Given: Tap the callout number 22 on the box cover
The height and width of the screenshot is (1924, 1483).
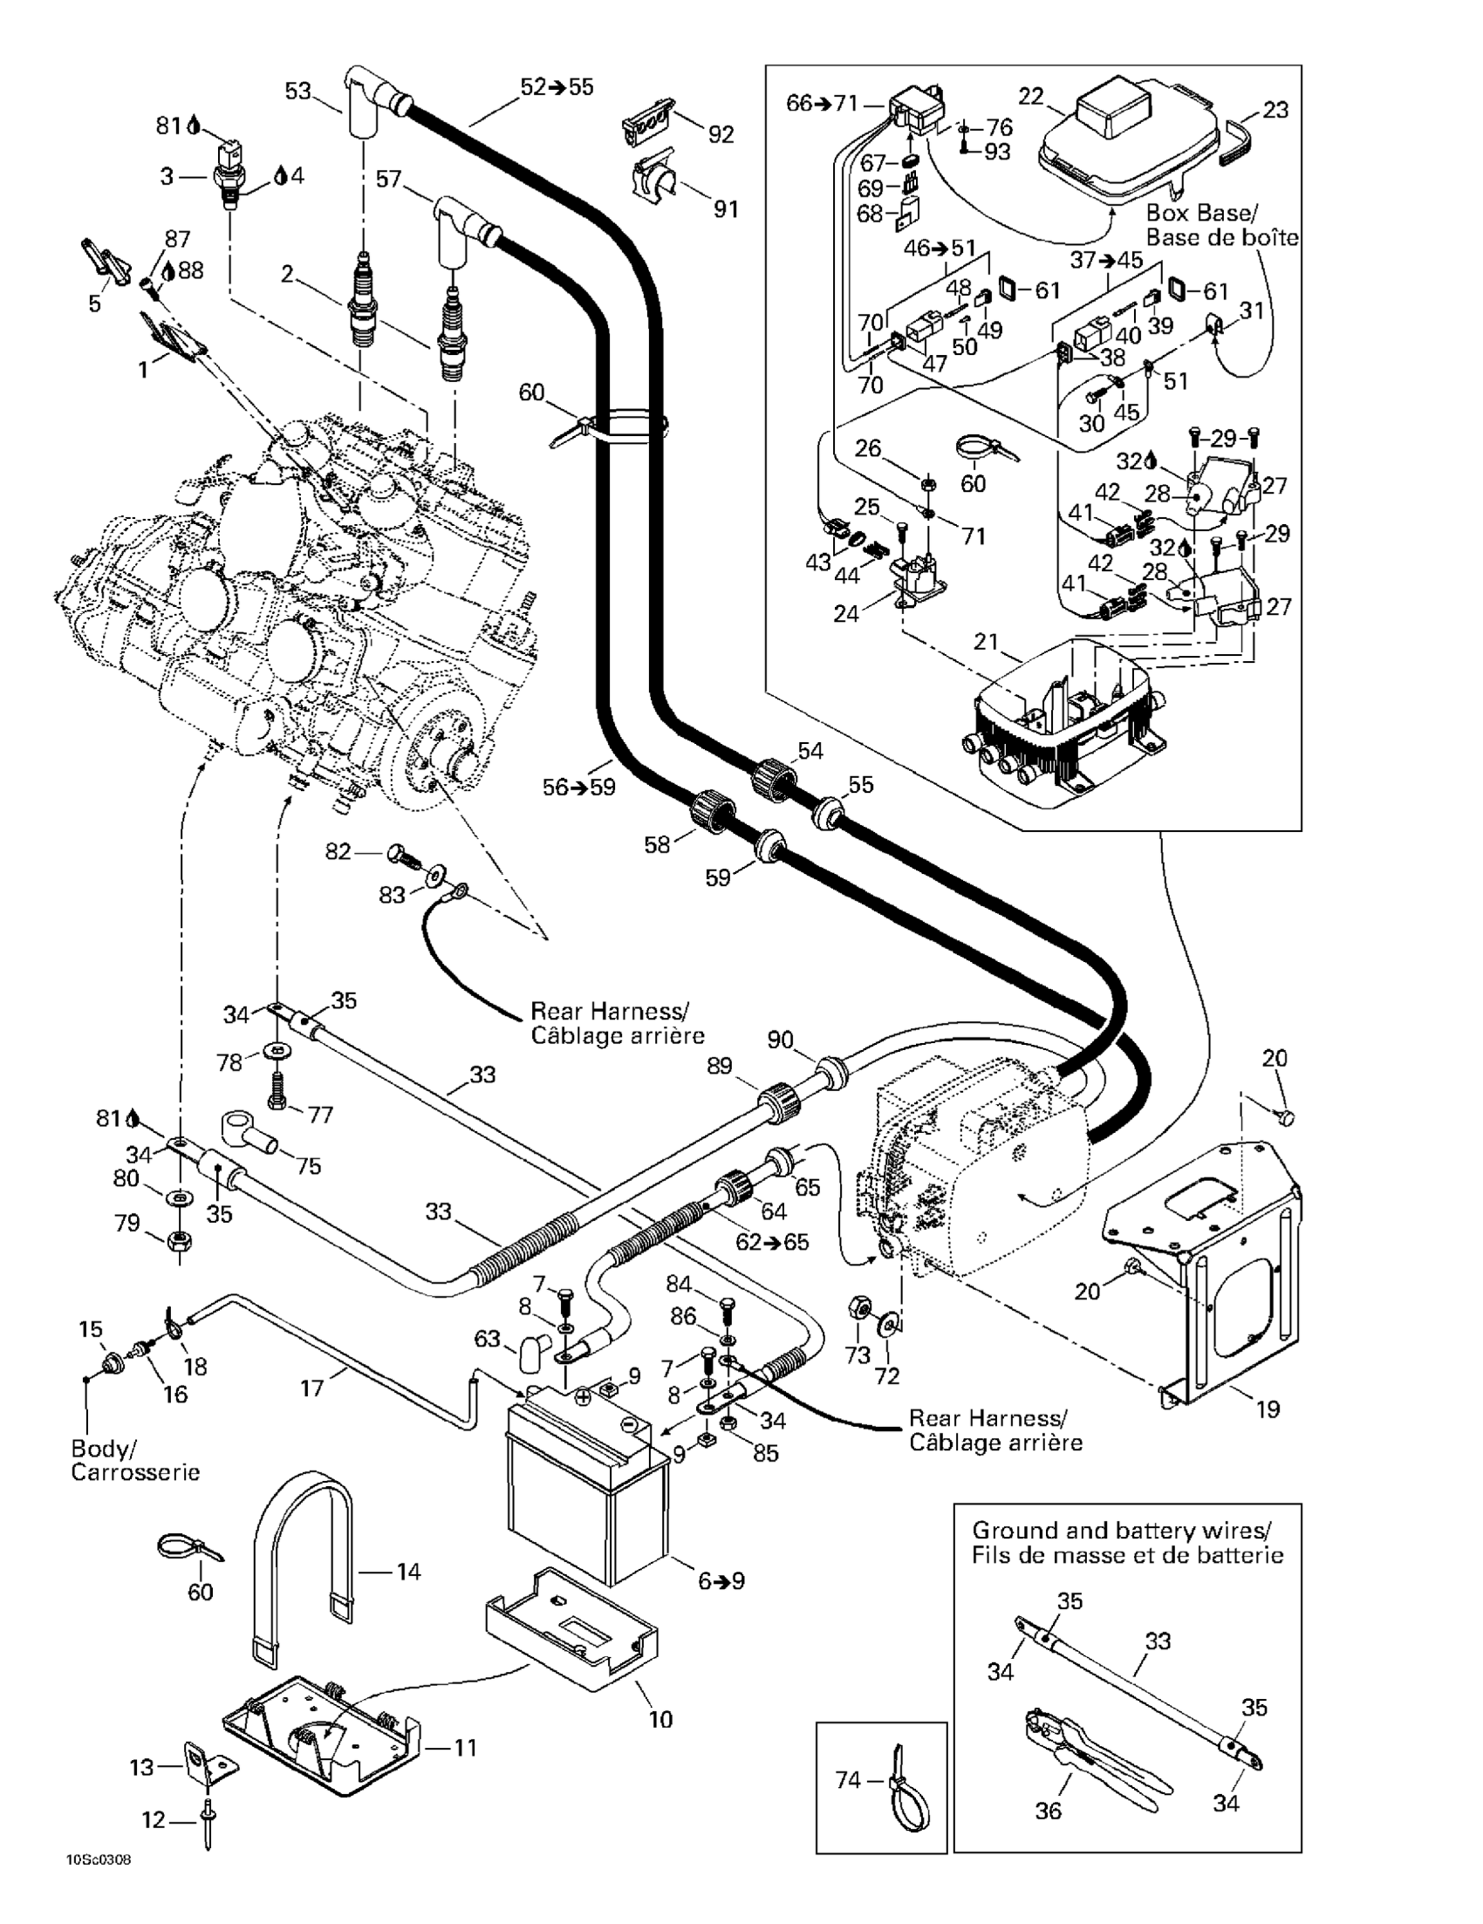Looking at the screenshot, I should (x=1031, y=96).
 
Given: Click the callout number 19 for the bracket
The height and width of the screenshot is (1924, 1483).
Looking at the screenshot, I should (x=1268, y=1409).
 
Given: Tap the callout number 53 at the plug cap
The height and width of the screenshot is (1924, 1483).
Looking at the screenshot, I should (x=297, y=91).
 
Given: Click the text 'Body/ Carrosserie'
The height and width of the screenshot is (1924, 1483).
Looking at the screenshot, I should (x=135, y=1460).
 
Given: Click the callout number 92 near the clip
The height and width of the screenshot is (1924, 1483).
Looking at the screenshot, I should (x=721, y=134).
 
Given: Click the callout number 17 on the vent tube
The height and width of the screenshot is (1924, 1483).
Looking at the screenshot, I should (x=312, y=1388).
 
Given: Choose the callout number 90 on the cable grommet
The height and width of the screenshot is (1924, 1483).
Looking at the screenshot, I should (x=780, y=1040).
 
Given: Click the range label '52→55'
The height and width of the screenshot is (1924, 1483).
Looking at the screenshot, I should (x=557, y=87).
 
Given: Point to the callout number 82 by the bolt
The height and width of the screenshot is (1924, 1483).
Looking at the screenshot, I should (x=338, y=852).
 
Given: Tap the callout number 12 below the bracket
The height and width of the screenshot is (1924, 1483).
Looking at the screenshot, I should (x=154, y=1819).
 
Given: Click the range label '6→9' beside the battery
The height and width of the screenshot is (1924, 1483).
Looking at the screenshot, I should (x=721, y=1580).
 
